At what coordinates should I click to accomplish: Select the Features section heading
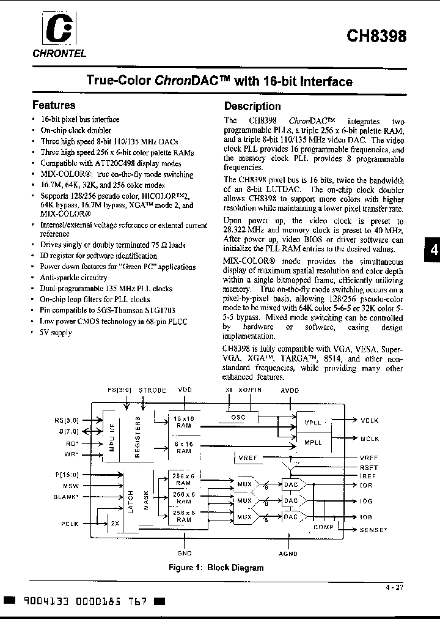(x=54, y=105)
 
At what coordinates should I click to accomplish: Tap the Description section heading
(x=252, y=106)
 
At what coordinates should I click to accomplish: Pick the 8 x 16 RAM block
(x=183, y=447)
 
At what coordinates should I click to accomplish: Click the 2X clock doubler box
(x=115, y=524)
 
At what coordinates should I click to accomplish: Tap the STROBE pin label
(x=152, y=390)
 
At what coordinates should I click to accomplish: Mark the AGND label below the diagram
(x=288, y=554)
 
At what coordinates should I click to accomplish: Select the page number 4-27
(x=394, y=588)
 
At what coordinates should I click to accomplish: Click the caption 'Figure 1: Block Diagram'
(x=216, y=567)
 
